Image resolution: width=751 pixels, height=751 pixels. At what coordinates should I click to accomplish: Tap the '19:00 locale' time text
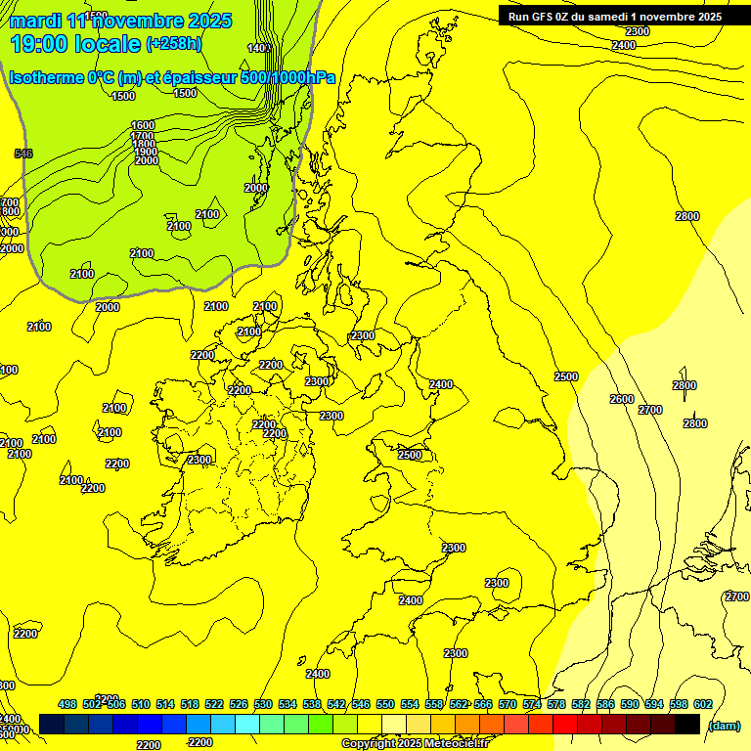[74, 43]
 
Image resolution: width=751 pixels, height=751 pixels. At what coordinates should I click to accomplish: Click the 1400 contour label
[259, 48]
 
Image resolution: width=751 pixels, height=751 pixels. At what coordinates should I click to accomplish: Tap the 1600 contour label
[143, 125]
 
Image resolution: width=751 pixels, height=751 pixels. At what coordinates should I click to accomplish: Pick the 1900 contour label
[146, 152]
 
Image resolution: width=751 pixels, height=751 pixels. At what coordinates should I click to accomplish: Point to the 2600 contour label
[622, 399]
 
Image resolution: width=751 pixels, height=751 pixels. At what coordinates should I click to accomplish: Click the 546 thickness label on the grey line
[23, 154]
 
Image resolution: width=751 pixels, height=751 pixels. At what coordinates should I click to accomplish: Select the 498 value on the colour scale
[67, 704]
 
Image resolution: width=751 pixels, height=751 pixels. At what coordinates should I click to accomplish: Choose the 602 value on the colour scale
[703, 704]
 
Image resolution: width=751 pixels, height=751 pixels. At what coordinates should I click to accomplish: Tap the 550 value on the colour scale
[385, 704]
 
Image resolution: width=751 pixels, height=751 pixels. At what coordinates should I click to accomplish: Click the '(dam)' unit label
[724, 725]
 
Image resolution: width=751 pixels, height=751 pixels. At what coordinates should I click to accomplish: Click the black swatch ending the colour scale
[686, 725]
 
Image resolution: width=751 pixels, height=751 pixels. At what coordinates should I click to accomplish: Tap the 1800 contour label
[145, 143]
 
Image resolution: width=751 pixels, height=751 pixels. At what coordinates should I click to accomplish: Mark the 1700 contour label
[144, 135]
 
